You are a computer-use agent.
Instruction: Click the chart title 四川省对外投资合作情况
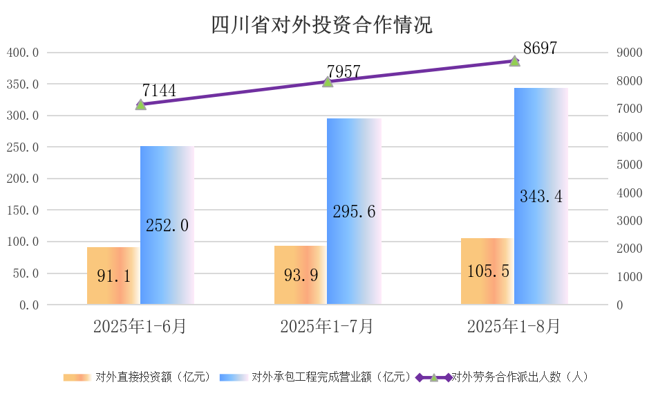(321, 25)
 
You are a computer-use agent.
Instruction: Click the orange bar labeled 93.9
(301, 275)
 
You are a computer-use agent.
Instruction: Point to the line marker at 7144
(141, 105)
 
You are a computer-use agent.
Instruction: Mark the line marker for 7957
(328, 82)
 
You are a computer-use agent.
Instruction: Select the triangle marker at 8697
(514, 61)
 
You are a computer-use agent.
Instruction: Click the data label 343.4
(540, 197)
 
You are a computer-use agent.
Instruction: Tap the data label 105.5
(487, 271)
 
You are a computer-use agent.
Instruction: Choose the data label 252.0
(167, 225)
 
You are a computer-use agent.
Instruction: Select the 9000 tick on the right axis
(629, 53)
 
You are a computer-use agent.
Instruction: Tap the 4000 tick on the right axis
(629, 193)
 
